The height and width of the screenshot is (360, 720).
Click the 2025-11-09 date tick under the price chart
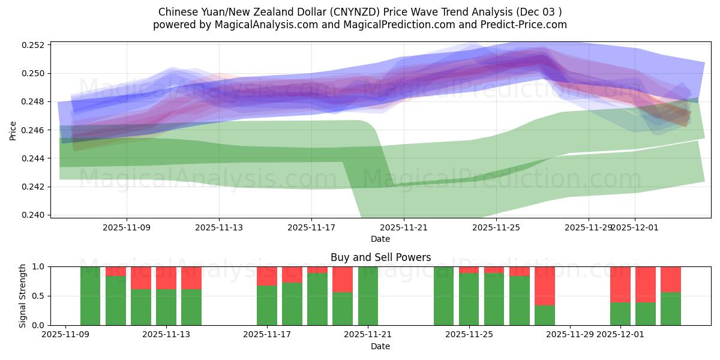point(127,227)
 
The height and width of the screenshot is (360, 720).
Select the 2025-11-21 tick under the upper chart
point(404,227)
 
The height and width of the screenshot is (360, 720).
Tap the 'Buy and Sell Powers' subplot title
point(380,257)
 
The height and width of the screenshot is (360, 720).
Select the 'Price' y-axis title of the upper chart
point(13,130)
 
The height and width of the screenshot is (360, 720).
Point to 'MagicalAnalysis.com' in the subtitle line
point(256,25)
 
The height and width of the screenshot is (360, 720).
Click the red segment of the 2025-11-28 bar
point(545,286)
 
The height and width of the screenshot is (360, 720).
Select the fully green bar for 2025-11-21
point(368,296)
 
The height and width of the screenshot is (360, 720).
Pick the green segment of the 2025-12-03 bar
point(671,308)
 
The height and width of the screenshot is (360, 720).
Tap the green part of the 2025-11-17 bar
point(266,305)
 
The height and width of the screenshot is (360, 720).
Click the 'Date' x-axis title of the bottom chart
point(380,346)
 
